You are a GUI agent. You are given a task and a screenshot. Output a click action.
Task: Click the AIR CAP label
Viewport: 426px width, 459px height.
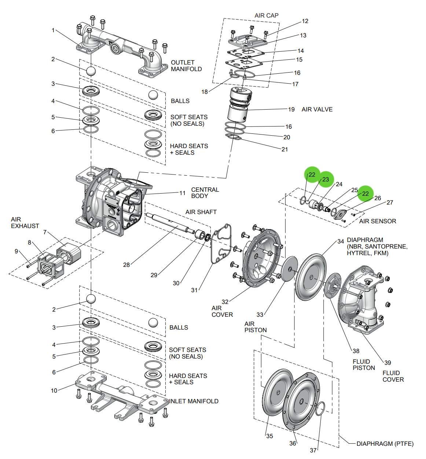pos(266,15)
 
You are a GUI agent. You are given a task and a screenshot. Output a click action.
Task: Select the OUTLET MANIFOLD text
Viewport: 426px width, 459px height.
pos(186,66)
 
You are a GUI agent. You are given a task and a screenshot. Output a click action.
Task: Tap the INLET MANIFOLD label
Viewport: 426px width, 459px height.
pos(194,401)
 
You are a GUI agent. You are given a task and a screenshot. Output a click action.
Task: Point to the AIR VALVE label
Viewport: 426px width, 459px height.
pos(317,109)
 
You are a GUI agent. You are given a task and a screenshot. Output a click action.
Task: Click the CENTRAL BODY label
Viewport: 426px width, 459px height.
pos(205,193)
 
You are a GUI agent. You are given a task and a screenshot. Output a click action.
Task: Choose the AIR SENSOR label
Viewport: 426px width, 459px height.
pos(377,221)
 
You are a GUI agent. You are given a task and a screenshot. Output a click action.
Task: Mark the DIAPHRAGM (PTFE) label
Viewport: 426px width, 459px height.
pos(385,444)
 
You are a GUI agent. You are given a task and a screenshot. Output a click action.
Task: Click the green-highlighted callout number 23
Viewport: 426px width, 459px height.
pos(326,179)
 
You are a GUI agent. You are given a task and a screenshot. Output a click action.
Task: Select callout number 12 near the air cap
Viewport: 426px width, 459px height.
pos(305,21)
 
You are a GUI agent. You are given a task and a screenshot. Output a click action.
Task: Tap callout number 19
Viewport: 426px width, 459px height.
pos(291,109)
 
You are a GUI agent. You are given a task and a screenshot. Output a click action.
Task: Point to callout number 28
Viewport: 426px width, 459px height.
pos(126,265)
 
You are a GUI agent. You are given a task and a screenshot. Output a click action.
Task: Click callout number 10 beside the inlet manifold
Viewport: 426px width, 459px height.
pos(54,390)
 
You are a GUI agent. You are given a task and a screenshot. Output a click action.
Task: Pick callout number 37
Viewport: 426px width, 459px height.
pos(313,450)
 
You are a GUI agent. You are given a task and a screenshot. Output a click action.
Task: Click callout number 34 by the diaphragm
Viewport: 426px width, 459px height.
pos(341,241)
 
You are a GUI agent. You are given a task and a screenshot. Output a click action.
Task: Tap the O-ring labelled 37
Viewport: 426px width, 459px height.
pos(320,408)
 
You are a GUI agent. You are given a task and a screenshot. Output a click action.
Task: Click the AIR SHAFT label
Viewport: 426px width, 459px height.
pos(201,212)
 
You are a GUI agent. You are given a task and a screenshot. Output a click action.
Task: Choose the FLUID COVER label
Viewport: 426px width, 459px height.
pos(393,376)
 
